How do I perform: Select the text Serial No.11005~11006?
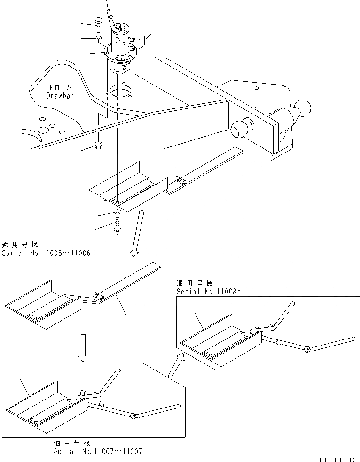click(46, 253)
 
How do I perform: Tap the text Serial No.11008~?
click(210, 291)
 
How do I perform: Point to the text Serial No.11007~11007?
click(98, 451)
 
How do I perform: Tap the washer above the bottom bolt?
click(116, 214)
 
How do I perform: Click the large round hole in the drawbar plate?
click(118, 92)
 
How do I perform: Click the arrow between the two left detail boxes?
click(83, 347)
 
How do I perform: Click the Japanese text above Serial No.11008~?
click(195, 283)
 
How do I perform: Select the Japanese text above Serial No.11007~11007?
click(73, 443)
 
